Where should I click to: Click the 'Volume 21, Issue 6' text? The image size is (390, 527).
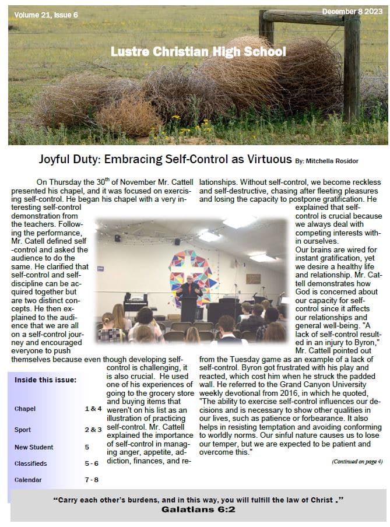[45, 15]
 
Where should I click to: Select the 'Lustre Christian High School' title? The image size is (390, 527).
[198, 52]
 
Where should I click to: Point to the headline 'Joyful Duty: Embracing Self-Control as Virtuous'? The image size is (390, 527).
[165, 159]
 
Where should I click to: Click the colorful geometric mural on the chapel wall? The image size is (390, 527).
[190, 271]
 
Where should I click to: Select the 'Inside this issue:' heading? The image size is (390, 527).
[45, 381]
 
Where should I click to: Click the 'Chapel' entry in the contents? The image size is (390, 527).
[25, 409]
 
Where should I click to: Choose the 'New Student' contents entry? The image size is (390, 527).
[34, 447]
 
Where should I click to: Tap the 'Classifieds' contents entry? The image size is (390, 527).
[31, 463]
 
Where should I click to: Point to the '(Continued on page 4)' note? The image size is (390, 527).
[357, 461]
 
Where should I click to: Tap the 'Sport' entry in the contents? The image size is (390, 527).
[23, 430]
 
